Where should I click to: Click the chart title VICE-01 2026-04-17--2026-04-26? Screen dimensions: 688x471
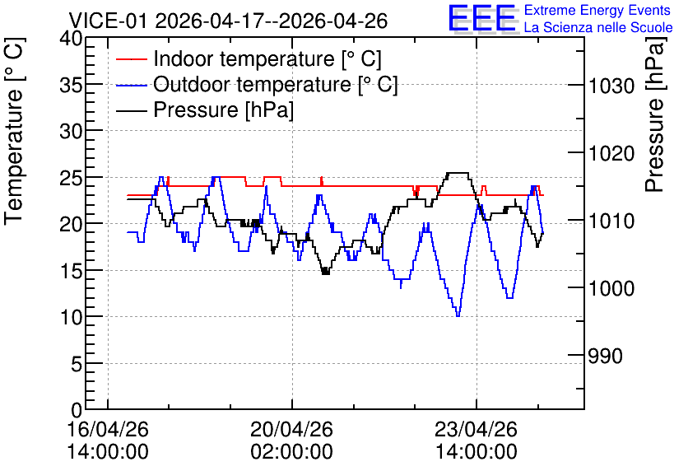click(x=228, y=21)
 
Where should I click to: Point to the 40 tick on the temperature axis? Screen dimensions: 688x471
click(x=71, y=39)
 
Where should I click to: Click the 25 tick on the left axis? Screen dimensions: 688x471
click(x=71, y=177)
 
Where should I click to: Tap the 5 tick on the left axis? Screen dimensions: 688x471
click(x=77, y=363)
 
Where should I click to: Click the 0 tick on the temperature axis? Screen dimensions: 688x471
click(x=77, y=410)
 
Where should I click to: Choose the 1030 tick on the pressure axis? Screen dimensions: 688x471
click(x=611, y=86)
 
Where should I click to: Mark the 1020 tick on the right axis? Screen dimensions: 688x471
click(x=611, y=154)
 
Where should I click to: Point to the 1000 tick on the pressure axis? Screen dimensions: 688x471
click(x=611, y=288)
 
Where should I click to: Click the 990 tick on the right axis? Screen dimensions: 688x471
click(x=605, y=356)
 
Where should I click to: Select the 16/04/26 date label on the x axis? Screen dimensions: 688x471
click(x=108, y=429)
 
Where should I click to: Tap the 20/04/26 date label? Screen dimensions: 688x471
click(x=292, y=429)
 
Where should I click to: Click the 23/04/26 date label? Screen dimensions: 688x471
click(x=476, y=429)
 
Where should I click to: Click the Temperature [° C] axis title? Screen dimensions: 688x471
click(x=14, y=132)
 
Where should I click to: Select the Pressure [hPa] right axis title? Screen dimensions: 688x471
click(x=655, y=114)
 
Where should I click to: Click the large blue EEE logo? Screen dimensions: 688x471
click(x=483, y=18)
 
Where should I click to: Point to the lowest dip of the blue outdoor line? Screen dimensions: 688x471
click(x=458, y=315)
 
